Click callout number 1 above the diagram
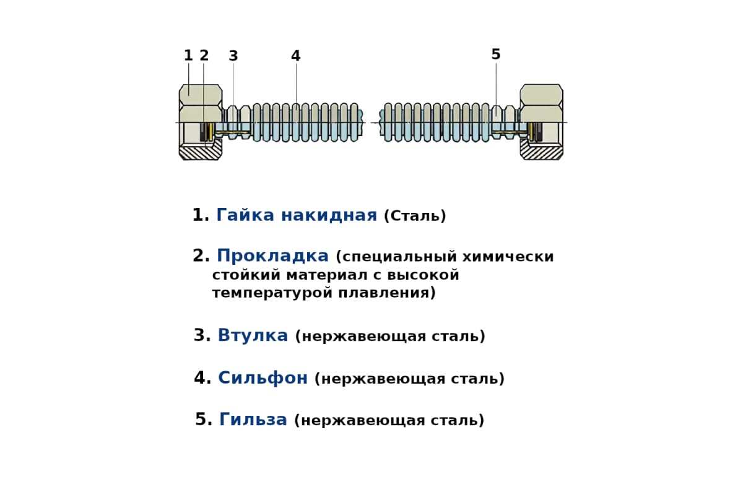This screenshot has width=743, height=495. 188,55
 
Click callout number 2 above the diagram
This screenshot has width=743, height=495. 204,55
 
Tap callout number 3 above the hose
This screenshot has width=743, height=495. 233,56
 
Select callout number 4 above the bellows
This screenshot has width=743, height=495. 296,56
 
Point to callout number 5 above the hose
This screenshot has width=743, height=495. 496,54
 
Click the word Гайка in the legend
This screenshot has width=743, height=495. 245,215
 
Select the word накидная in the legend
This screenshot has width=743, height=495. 329,215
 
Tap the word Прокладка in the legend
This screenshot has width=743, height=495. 272,256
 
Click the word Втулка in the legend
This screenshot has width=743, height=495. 253,335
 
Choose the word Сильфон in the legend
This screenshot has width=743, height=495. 263,378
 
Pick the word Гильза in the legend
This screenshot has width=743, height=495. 253,420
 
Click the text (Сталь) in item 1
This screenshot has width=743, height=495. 415,216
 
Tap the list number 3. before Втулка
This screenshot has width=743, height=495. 202,335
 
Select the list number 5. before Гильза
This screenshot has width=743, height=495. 204,420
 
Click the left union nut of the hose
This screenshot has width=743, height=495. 200,122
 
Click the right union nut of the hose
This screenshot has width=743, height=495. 541,122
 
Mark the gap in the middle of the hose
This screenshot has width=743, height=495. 371,122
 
